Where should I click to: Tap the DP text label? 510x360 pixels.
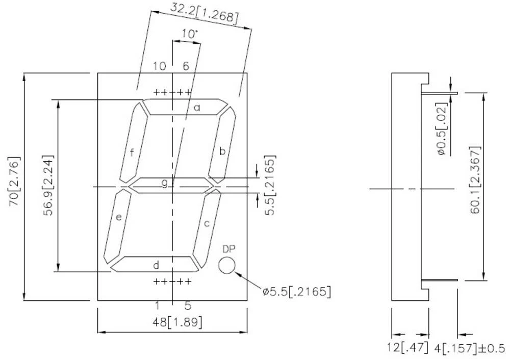pos(229,249)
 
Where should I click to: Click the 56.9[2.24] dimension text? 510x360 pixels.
pos(48,184)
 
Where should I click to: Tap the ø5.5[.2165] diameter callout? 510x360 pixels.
pos(296,292)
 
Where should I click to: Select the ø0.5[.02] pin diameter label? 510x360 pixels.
pos(441,128)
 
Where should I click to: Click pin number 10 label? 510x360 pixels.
pos(160,66)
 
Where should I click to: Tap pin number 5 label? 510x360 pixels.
pos(188,306)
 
